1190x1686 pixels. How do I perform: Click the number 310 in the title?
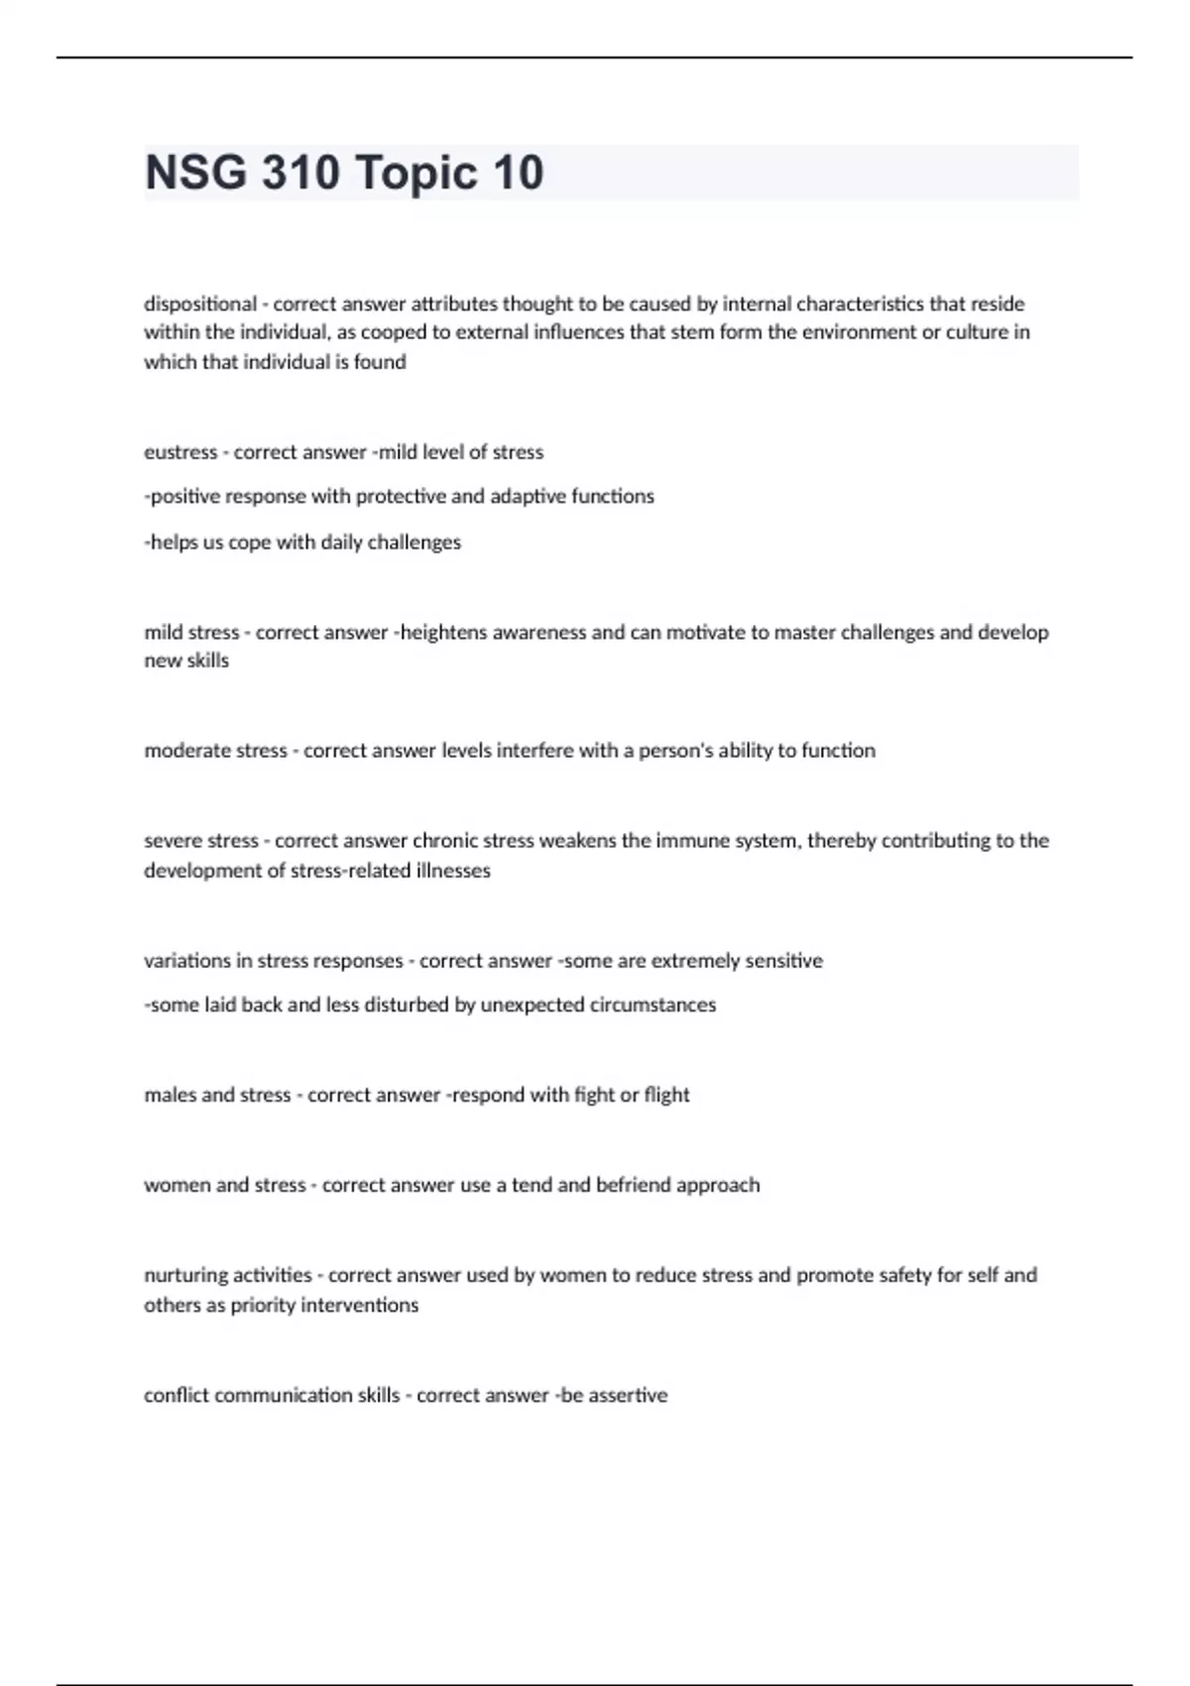tap(300, 173)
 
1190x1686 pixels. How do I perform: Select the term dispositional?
tap(199, 303)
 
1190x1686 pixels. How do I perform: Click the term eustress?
tap(180, 452)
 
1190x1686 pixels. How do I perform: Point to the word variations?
tap(186, 961)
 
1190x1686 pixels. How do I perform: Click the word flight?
tap(666, 1095)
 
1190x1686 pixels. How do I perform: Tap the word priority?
tap(263, 1305)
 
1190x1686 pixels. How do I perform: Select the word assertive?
tap(628, 1395)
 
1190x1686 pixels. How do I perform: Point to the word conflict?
tap(177, 1395)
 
